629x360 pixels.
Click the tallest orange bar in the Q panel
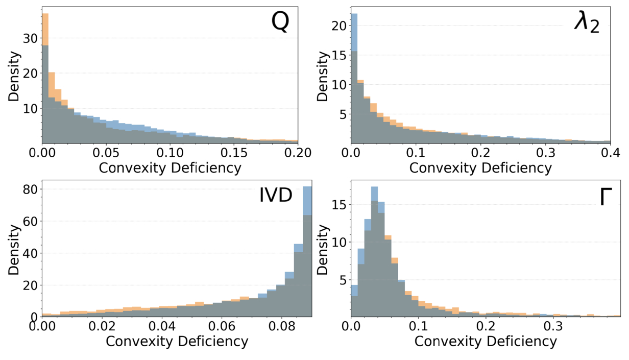coord(44,77)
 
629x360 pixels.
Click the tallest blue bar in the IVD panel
coord(307,250)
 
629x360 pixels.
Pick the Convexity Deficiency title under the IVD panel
coord(177,341)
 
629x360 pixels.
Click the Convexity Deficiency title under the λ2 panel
coord(480,167)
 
